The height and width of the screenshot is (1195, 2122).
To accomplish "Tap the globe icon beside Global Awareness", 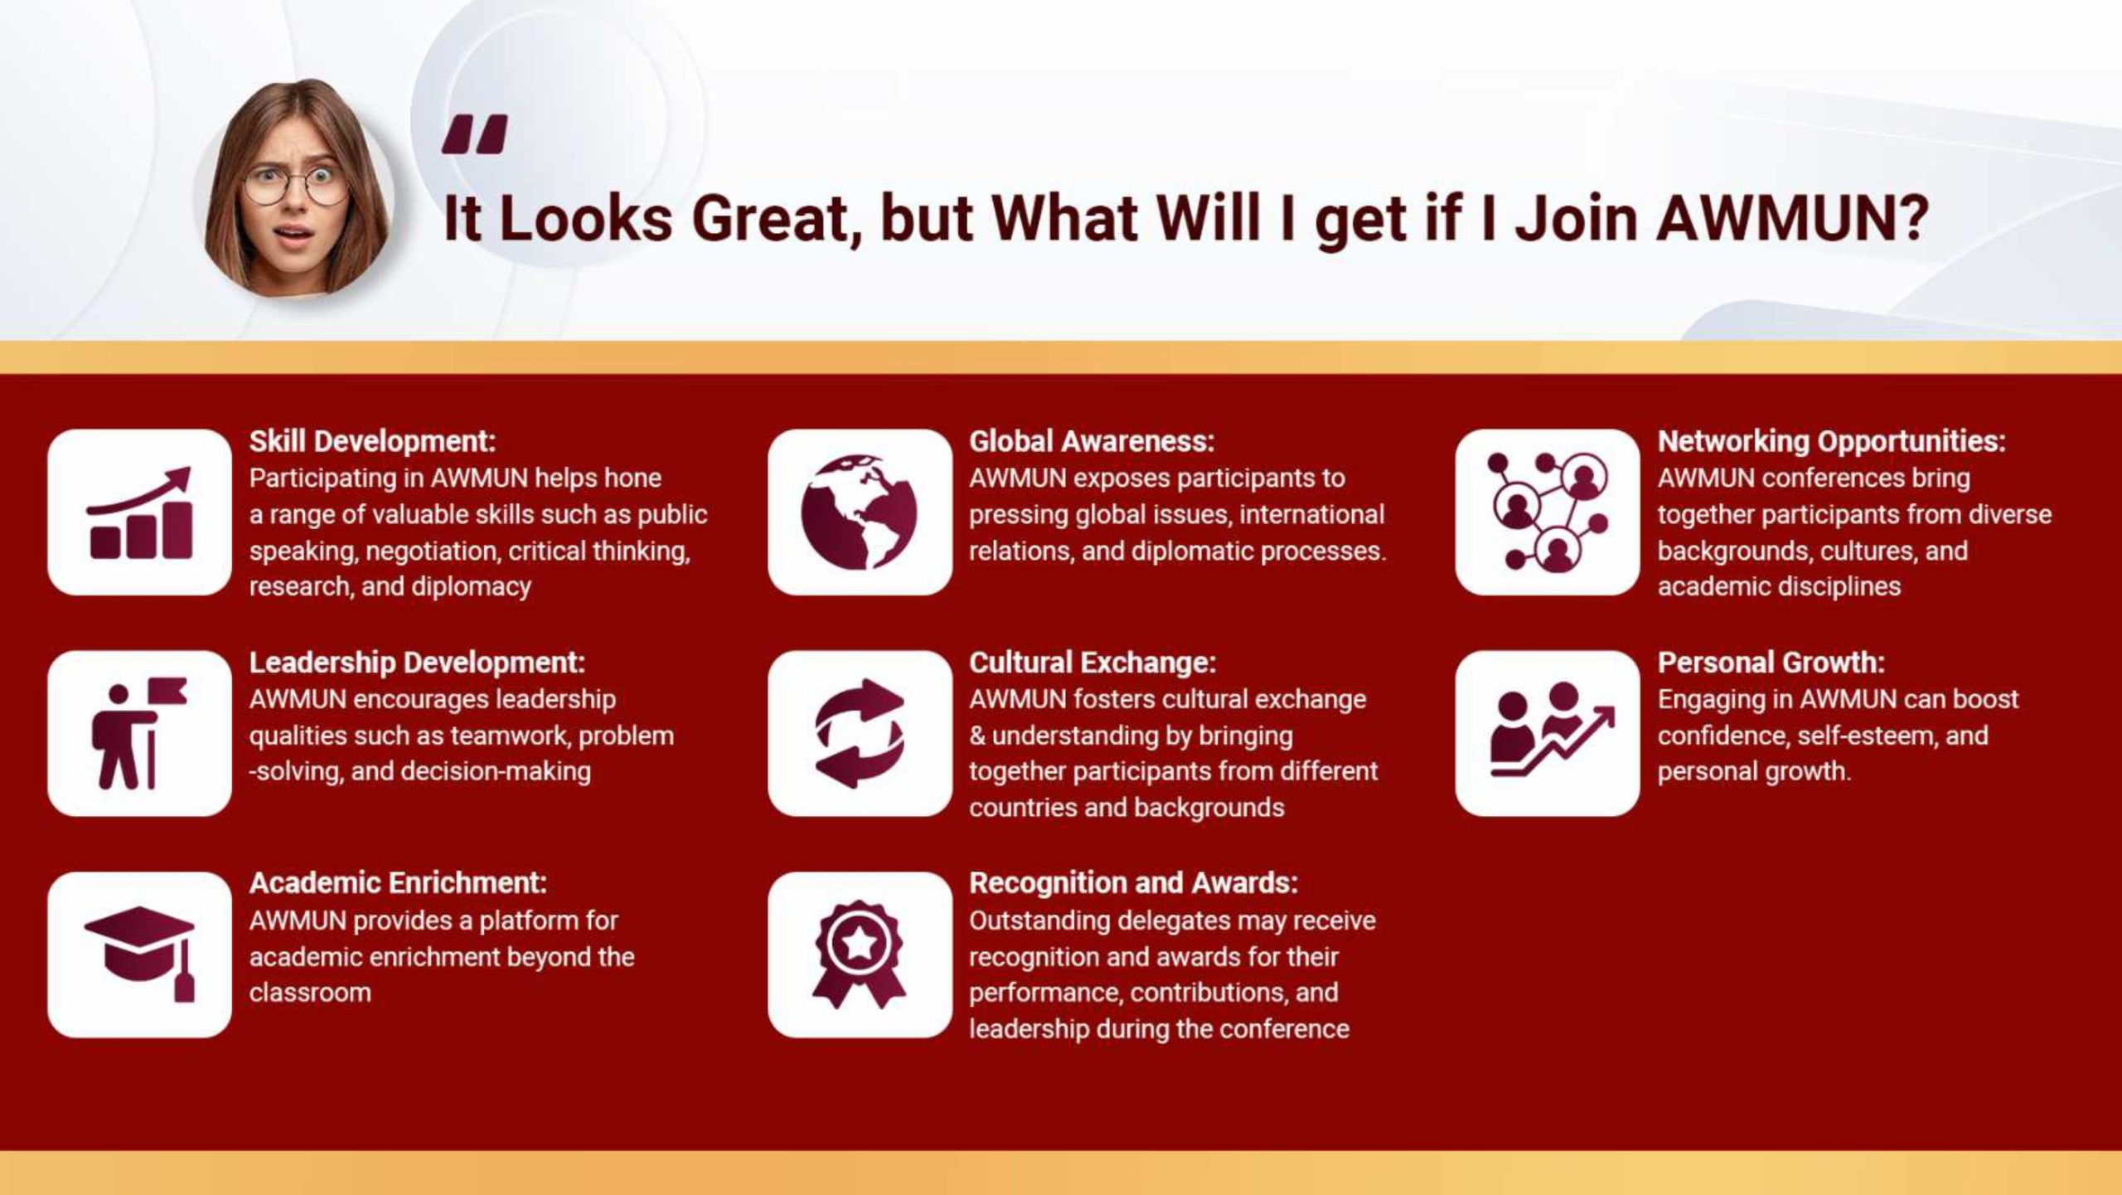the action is [x=860, y=512].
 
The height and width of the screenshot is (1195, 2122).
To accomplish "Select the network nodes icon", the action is [x=1547, y=512].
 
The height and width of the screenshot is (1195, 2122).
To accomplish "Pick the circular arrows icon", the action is [x=860, y=733].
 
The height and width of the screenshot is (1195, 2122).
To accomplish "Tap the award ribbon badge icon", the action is [x=860, y=954].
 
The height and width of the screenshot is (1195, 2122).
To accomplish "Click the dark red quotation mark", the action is [x=474, y=135].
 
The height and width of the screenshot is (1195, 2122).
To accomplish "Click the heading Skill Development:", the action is [x=372, y=441].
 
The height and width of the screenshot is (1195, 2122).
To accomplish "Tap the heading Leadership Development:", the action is [x=417, y=663].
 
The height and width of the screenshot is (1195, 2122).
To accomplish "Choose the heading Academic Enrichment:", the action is [x=398, y=883].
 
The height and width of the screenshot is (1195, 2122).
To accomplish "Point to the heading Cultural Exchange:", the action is [x=1092, y=663].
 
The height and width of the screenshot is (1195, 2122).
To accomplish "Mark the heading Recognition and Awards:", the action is [x=1133, y=883].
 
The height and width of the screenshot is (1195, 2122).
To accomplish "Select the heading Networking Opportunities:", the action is [x=1831, y=441].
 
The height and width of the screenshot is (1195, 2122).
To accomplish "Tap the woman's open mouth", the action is [x=294, y=235].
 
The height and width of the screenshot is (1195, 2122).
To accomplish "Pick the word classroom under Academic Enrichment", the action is [x=310, y=993].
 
